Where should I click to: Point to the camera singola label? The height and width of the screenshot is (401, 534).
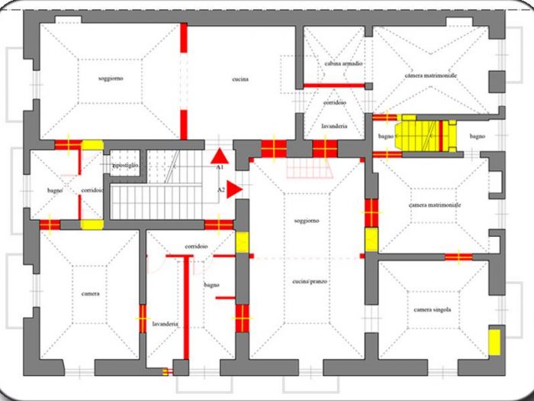pos(433,309)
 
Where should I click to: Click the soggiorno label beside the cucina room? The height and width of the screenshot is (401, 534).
pos(111,79)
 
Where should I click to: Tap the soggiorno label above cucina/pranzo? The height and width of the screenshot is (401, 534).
pos(306,221)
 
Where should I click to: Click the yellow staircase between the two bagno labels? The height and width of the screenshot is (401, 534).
pos(424,135)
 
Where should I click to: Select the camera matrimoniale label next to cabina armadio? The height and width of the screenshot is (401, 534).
pos(431,76)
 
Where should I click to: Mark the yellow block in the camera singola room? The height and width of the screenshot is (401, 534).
pos(494,341)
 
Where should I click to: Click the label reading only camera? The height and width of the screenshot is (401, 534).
pos(91,293)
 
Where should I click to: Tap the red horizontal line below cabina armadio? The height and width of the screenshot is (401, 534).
pos(334,85)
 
